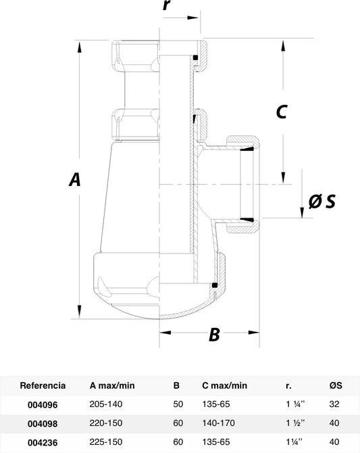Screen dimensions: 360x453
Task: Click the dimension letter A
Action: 75,179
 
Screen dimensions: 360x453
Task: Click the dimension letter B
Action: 215,335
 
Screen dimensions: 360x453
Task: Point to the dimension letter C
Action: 282,112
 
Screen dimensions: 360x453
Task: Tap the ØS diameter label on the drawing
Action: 322,201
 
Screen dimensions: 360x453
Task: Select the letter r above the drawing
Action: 167,5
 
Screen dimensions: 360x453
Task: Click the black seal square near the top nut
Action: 195,57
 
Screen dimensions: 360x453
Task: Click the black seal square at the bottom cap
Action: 215,285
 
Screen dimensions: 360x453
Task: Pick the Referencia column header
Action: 43,385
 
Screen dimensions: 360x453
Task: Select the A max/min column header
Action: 112,385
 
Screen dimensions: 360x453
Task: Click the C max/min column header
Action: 225,385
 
